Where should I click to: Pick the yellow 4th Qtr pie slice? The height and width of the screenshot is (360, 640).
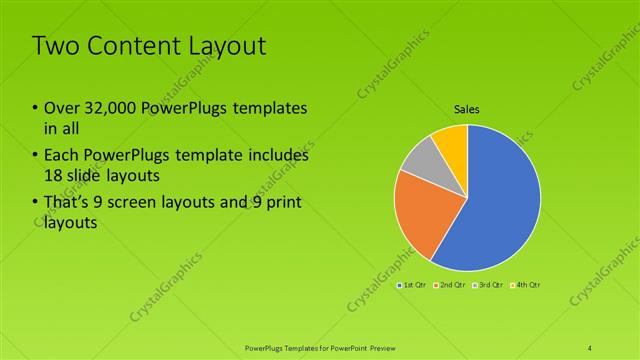coord(452,143)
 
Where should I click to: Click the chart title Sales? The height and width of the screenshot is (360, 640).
coord(467,109)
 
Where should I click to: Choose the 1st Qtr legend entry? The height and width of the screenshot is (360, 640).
coord(414,285)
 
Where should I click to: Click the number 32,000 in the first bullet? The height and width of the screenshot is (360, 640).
coord(103,108)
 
